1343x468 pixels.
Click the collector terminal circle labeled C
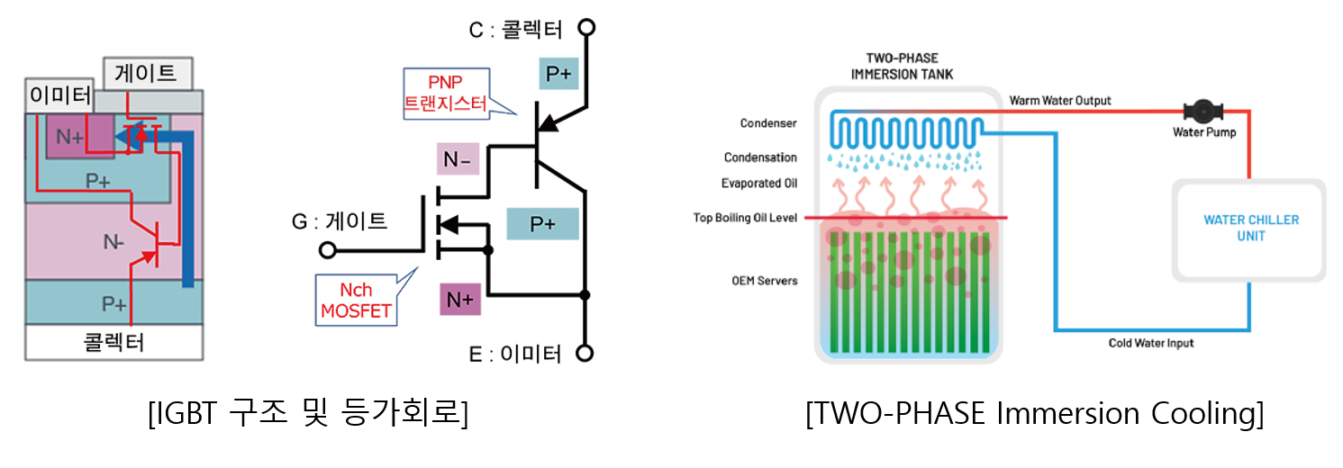point(586,27)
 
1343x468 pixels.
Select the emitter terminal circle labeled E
point(586,353)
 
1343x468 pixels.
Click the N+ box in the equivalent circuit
point(460,299)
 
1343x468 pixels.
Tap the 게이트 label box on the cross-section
point(149,73)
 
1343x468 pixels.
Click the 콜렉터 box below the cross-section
point(113,342)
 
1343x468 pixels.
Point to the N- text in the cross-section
point(113,242)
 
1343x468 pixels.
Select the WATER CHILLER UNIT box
point(1250,229)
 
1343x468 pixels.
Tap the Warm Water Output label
point(1060,100)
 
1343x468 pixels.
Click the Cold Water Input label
point(1150,343)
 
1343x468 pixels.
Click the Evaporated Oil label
point(758,184)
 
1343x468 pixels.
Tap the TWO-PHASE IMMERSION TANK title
point(902,66)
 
